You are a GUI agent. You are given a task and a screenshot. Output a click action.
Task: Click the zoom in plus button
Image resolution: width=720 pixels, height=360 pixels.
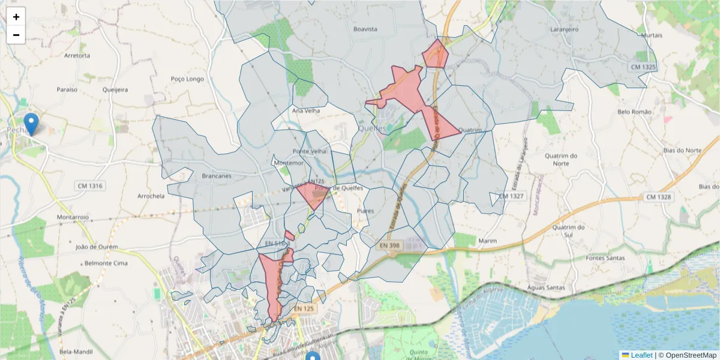pos(16,17)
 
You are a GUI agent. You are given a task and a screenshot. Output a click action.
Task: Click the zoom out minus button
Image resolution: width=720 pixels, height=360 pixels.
pos(16,35)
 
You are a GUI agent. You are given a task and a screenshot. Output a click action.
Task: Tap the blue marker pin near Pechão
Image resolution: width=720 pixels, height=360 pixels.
pos(31,123)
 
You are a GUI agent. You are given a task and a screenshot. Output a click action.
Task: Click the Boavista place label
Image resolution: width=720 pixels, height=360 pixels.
pos(365,29)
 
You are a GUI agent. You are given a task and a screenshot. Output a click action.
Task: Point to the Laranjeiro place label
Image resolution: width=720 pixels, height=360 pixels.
pos(563,29)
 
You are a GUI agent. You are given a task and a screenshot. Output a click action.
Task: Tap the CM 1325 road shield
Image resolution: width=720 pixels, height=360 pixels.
pos(644,67)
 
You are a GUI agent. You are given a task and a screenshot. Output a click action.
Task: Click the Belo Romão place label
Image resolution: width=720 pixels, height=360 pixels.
pos(634,112)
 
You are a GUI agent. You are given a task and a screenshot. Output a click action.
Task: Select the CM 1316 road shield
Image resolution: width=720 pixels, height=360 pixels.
pos(90,186)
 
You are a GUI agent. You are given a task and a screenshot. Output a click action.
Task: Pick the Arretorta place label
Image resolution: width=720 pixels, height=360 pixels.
pos(77,56)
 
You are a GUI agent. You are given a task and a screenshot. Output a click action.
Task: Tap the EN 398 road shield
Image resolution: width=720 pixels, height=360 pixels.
pos(389,245)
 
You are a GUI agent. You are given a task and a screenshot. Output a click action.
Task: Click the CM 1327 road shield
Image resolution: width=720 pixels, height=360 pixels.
pos(511,196)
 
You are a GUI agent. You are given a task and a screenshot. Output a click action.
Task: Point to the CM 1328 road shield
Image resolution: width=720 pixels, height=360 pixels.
pos(659,197)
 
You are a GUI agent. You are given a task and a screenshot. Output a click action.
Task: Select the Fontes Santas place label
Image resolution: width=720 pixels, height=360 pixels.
pos(605,258)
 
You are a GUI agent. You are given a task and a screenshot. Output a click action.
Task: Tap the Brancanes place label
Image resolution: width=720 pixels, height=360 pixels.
pos(217,176)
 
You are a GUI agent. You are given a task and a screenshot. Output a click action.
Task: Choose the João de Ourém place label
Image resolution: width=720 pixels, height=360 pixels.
pos(97,247)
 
